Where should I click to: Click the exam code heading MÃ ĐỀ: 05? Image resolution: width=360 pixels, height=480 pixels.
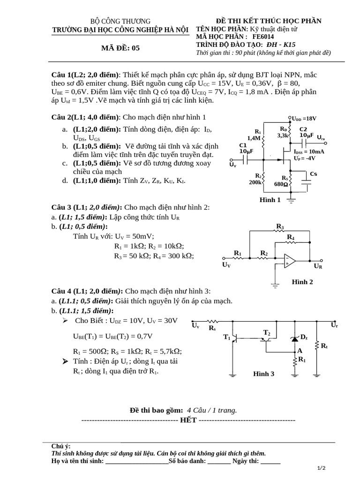(x=120, y=48)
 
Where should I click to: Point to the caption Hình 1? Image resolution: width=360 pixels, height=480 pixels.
(x=270, y=200)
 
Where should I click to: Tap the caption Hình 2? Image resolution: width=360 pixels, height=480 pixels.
(x=302, y=282)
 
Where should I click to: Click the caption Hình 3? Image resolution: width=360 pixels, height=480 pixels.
(x=264, y=374)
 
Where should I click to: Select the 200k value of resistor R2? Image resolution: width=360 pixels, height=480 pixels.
(x=255, y=182)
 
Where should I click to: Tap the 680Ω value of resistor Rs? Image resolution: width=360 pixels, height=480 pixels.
(x=282, y=184)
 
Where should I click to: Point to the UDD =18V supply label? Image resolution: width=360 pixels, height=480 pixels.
(x=304, y=119)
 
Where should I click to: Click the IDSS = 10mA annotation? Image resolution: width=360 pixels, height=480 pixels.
(x=309, y=152)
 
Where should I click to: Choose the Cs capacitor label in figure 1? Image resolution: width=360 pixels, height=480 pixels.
(x=313, y=174)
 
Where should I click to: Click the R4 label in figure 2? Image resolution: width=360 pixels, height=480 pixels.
(x=291, y=238)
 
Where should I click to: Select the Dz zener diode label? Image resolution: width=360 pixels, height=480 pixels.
(x=304, y=337)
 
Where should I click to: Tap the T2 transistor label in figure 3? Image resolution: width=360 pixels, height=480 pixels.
(x=267, y=333)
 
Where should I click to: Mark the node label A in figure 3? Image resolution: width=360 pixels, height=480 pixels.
(x=300, y=350)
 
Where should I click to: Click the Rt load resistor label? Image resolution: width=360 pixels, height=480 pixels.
(x=324, y=346)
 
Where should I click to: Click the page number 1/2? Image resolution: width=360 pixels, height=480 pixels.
(x=321, y=468)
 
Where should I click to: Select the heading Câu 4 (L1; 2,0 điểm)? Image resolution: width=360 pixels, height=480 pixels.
(x=87, y=291)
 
